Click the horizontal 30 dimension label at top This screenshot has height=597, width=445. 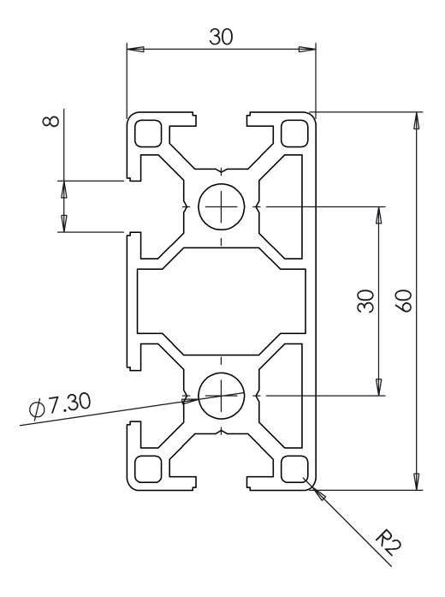pyautogui.click(x=221, y=37)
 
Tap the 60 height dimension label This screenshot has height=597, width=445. pyautogui.click(x=406, y=301)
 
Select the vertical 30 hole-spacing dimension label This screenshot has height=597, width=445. pyautogui.click(x=366, y=301)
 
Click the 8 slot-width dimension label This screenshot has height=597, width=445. pyautogui.click(x=51, y=121)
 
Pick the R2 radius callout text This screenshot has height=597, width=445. pyautogui.click(x=389, y=541)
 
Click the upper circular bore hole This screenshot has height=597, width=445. pyautogui.click(x=222, y=206)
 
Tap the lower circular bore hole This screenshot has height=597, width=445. pyautogui.click(x=222, y=395)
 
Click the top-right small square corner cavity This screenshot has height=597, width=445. pyautogui.click(x=294, y=134)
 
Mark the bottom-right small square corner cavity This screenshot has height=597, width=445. pyautogui.click(x=294, y=469)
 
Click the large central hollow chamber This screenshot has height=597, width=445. pyautogui.click(x=222, y=301)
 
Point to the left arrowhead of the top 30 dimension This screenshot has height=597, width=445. pyautogui.click(x=135, y=50)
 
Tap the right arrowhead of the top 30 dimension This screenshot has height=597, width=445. pyautogui.click(x=307, y=50)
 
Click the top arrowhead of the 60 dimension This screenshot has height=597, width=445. pyautogui.click(x=417, y=121)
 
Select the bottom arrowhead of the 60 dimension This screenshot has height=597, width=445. pyautogui.click(x=417, y=481)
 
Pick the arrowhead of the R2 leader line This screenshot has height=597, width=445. pyautogui.click(x=318, y=494)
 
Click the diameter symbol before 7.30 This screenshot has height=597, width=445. pyautogui.click(x=38, y=409)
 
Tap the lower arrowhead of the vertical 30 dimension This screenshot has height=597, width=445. pyautogui.click(x=378, y=387)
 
